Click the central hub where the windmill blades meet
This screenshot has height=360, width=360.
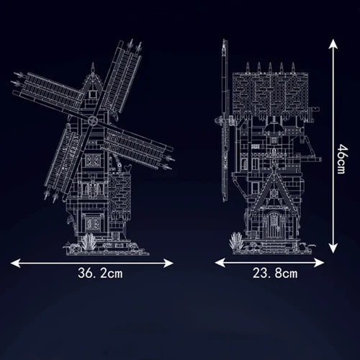pyautogui.click(x=94, y=120)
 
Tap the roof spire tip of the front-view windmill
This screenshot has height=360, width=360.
pyautogui.click(x=93, y=66)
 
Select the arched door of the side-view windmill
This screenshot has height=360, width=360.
pyautogui.click(x=276, y=225)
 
